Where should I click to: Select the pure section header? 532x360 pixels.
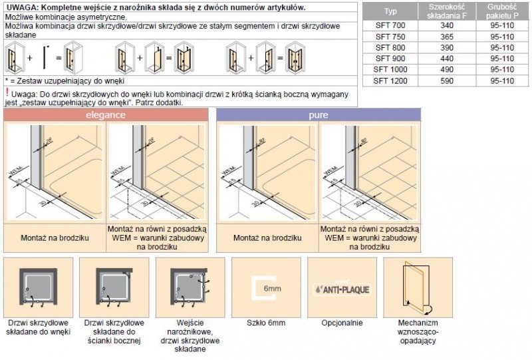(x=319, y=114)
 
